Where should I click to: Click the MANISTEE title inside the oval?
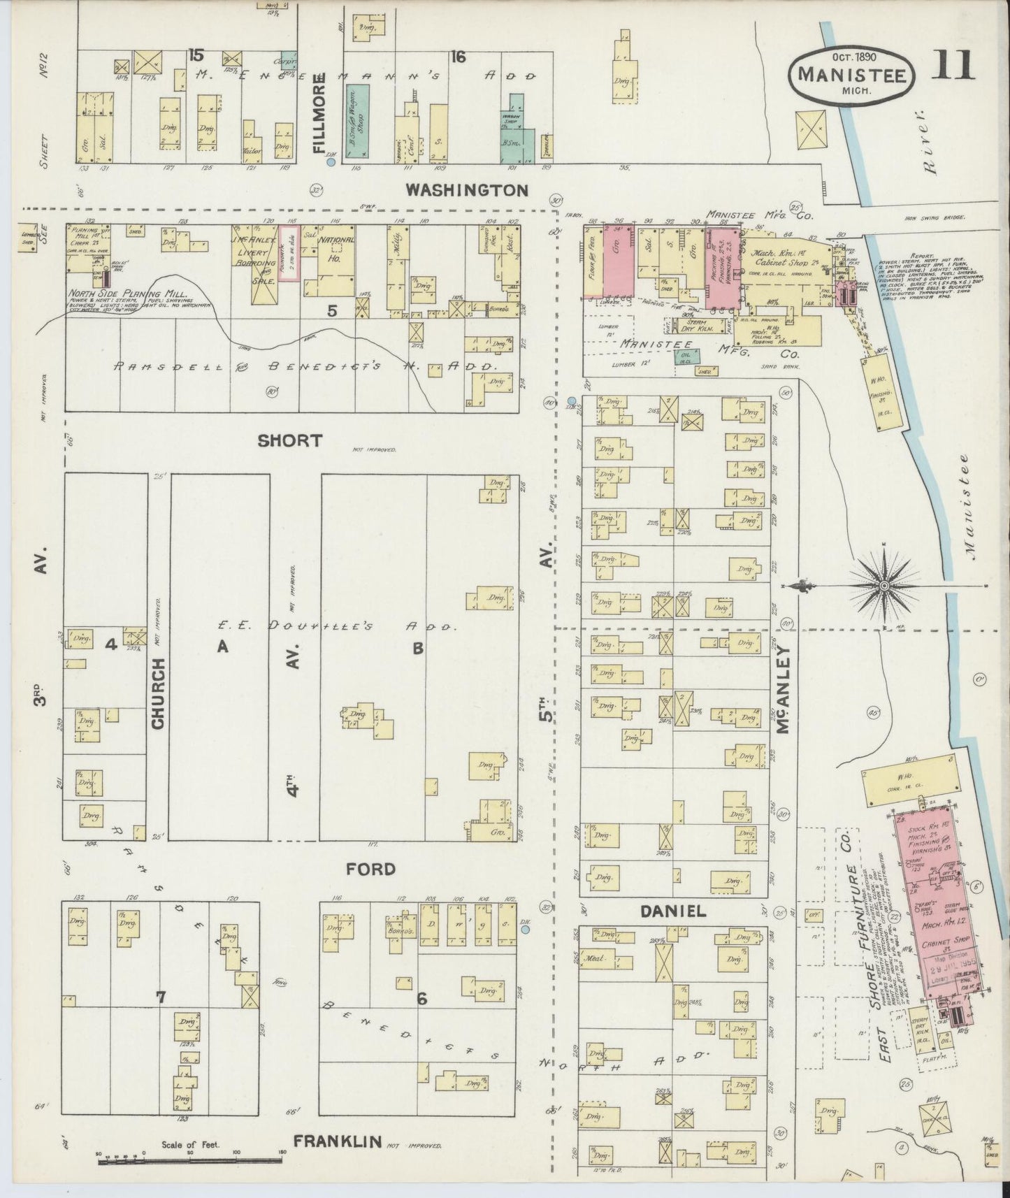click(851, 75)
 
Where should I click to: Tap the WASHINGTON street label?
click(468, 189)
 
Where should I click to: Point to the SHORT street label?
click(289, 440)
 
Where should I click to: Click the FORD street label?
click(370, 869)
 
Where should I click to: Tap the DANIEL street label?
click(672, 911)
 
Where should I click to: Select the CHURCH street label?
click(158, 693)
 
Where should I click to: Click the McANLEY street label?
click(784, 689)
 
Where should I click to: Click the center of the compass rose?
click(884, 585)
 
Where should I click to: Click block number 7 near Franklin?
click(161, 998)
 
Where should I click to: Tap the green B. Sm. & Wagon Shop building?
click(359, 120)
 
